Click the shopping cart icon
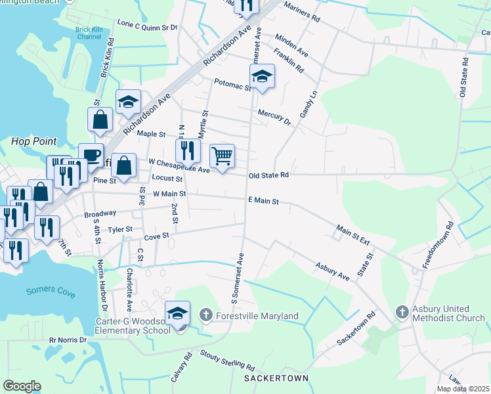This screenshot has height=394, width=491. tap(223, 156)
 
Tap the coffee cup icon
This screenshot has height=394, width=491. tap(91, 155)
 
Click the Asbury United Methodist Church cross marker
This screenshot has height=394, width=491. tap(402, 313)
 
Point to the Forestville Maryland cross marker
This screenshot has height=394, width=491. tap(206, 316)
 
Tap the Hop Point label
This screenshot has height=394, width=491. tap(33, 141)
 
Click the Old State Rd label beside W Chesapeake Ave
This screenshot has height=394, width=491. tap(268, 175)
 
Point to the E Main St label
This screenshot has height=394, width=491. tap(264, 201)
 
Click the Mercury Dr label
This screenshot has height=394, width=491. tap(274, 116)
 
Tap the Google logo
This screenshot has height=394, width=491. tap(22, 386)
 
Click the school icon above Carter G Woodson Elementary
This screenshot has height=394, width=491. tap(177, 313)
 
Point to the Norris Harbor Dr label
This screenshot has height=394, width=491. tap(102, 285)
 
